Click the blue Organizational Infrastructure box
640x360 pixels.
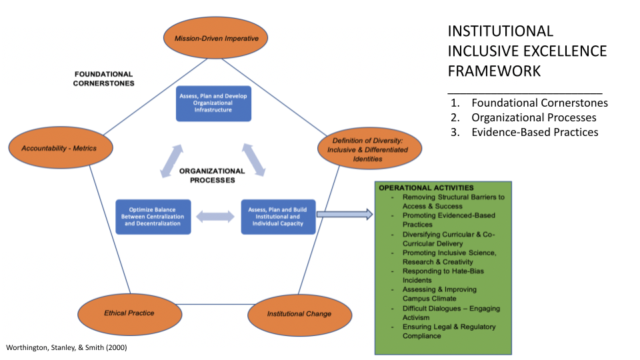(213, 103)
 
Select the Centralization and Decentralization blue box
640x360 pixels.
(153, 217)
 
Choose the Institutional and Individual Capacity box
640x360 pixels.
(278, 217)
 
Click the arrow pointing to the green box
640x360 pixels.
(344, 214)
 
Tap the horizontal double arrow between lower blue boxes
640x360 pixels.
(216, 217)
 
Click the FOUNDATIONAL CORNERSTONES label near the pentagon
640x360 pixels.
(103, 79)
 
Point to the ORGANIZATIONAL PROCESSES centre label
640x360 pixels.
(211, 175)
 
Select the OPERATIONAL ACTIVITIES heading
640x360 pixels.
(426, 188)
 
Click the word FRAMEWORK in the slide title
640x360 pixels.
(490, 71)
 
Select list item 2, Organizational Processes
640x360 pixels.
(533, 117)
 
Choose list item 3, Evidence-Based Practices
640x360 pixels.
(534, 132)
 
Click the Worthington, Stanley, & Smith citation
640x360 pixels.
(67, 348)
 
